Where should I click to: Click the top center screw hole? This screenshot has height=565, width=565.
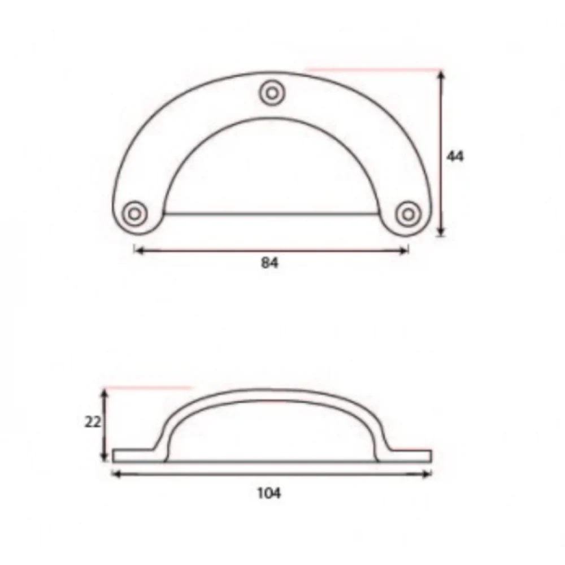click(x=272, y=93)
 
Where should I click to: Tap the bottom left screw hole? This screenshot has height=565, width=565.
click(x=134, y=214)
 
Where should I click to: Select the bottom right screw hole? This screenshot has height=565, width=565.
click(x=408, y=214)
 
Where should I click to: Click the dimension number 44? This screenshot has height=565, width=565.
click(x=455, y=156)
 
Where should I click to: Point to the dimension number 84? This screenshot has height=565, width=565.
click(x=270, y=263)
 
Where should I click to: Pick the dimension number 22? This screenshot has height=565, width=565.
click(x=93, y=422)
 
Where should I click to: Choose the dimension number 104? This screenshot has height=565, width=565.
click(x=269, y=493)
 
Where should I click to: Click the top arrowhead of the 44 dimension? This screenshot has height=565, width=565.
click(x=442, y=75)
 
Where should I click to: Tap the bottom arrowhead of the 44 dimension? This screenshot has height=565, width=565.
click(x=442, y=232)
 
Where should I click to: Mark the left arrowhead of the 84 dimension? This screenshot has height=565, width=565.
click(x=139, y=250)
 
